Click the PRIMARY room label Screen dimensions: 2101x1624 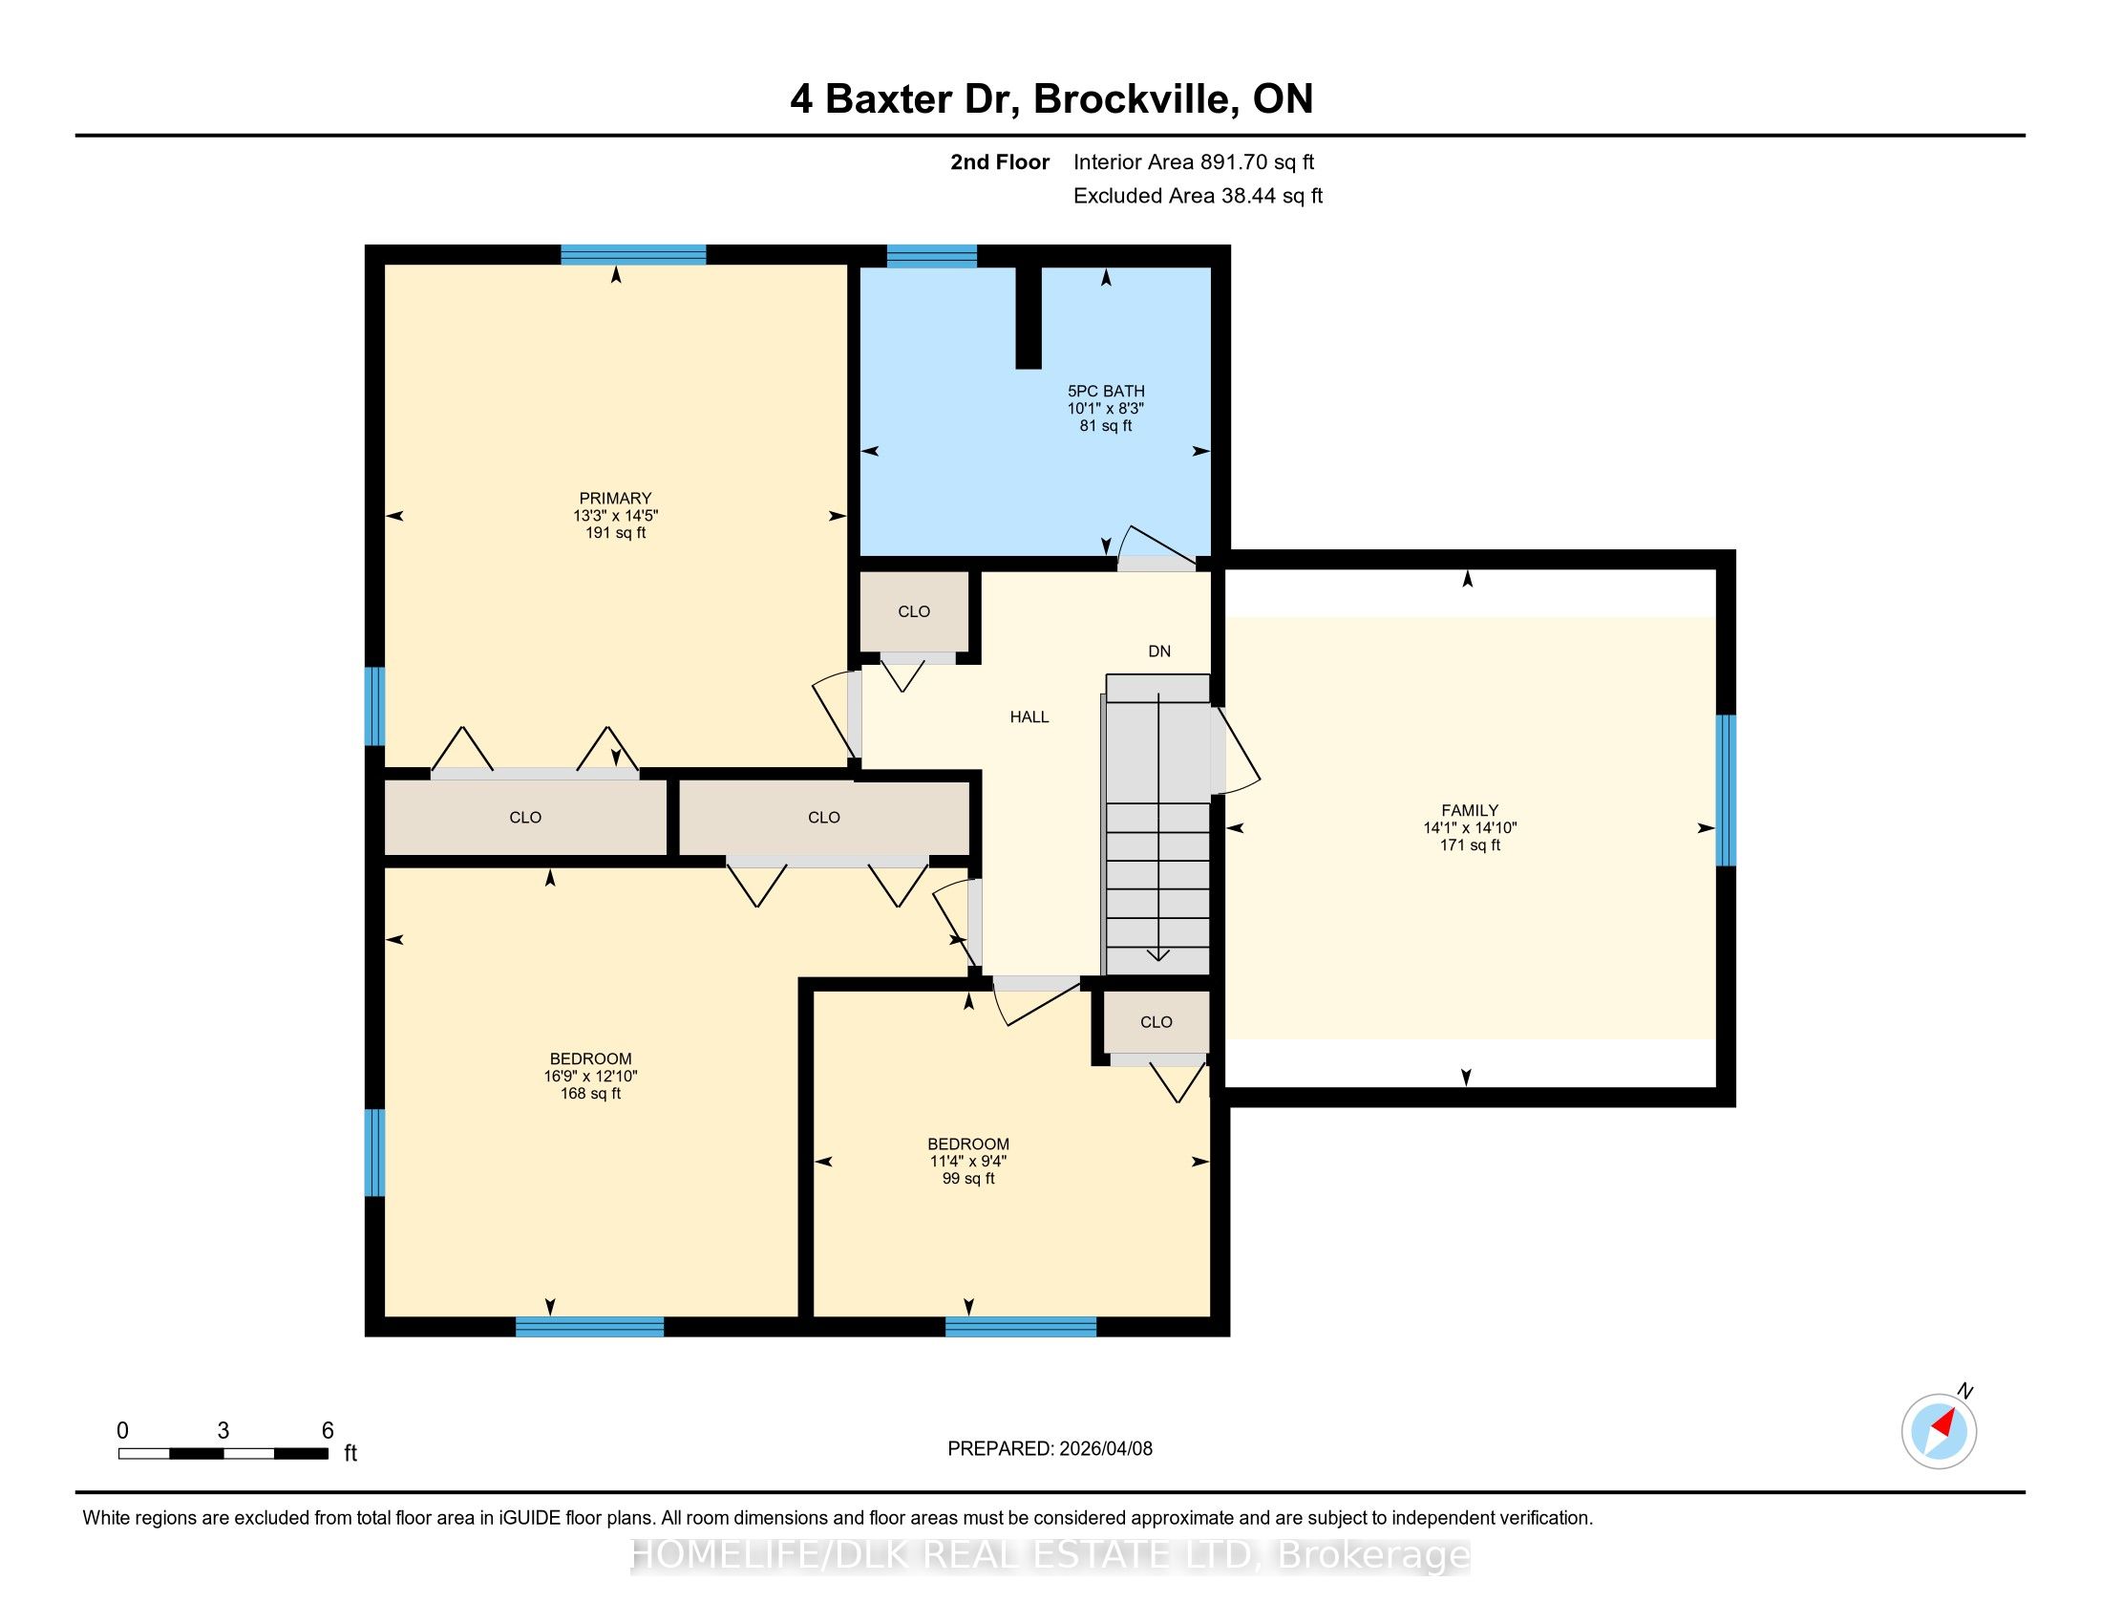point(616,499)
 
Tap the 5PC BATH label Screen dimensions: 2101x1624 point(1106,392)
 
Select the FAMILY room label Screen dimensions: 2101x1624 point(1470,811)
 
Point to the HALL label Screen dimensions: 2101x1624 point(1029,716)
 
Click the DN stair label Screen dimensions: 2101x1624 point(1159,652)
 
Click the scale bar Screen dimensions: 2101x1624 point(223,1453)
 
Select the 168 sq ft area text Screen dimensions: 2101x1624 point(590,1094)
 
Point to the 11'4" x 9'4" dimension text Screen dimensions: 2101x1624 point(968,1162)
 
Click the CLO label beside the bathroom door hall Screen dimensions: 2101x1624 point(914,612)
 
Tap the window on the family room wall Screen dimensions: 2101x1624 point(1726,790)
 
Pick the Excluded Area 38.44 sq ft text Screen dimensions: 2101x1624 point(1198,196)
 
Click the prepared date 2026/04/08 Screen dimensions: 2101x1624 point(1104,1449)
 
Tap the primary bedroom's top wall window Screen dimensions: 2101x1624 point(633,255)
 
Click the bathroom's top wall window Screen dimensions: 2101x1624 point(931,256)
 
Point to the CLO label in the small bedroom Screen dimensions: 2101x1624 point(1157,1023)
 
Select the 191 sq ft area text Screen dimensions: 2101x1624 point(616,533)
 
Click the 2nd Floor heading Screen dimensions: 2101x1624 point(1000,162)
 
